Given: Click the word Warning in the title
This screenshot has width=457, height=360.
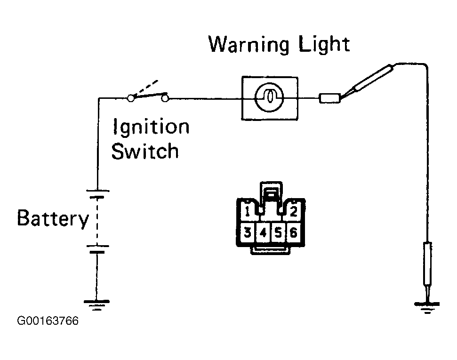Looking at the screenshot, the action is [249, 45].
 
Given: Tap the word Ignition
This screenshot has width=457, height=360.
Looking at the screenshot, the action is [151, 127].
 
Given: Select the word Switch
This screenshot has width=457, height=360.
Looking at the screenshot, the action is [145, 151].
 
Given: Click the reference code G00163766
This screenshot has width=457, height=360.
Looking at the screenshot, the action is [48, 321].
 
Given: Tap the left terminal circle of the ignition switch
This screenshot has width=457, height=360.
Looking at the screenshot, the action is [131, 98].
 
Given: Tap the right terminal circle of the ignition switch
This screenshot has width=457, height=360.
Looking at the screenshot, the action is [165, 99].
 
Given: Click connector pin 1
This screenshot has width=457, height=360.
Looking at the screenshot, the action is [248, 211].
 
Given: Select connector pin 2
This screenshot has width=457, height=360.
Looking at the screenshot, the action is [294, 211].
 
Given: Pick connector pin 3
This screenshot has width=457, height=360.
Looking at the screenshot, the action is [248, 232].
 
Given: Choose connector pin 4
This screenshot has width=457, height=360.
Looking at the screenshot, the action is [263, 232].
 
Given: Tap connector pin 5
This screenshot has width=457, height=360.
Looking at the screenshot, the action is [278, 232].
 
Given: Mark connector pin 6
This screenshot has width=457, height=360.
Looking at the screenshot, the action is [294, 232].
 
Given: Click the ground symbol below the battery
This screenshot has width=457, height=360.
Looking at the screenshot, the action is [96, 305].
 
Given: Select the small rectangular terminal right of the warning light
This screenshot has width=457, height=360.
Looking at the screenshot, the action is [329, 98].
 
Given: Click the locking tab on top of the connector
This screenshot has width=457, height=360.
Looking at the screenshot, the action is [271, 192].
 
